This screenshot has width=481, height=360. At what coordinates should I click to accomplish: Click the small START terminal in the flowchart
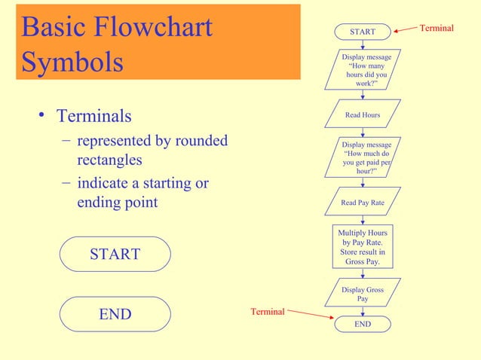pos(363,32)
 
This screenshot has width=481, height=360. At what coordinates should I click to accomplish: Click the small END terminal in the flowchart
pos(363,324)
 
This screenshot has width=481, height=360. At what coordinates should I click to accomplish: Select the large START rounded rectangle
pos(115,254)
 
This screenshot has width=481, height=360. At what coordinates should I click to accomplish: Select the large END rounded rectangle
pos(115,314)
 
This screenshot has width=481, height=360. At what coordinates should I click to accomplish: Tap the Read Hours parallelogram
pos(363,114)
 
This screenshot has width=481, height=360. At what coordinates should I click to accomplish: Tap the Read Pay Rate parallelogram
pos(363,202)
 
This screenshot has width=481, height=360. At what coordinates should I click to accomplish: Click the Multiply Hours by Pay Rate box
pos(363,247)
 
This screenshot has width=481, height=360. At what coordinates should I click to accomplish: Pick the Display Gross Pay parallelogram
pos(363,294)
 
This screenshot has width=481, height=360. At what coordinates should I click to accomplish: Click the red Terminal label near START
pos(437,28)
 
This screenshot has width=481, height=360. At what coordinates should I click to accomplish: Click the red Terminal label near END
pos(268,311)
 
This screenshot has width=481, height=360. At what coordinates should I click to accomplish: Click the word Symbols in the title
pos(73,63)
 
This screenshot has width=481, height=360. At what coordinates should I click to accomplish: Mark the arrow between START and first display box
pos(363,44)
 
